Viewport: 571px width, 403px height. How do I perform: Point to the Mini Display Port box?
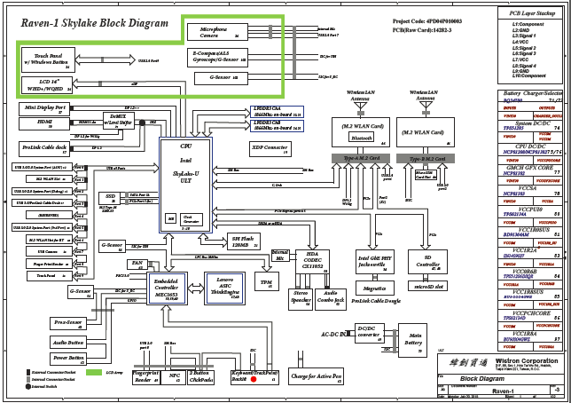tap(44, 108)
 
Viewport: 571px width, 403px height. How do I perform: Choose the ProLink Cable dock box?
tap(45, 146)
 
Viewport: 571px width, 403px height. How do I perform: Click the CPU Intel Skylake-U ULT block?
tap(185, 182)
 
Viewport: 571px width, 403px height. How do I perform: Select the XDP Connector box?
tap(270, 148)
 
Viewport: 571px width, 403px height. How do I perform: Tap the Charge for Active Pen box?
tap(317, 376)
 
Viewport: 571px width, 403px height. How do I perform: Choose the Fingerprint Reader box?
tap(146, 376)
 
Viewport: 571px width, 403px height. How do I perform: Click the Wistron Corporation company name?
tap(520, 361)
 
